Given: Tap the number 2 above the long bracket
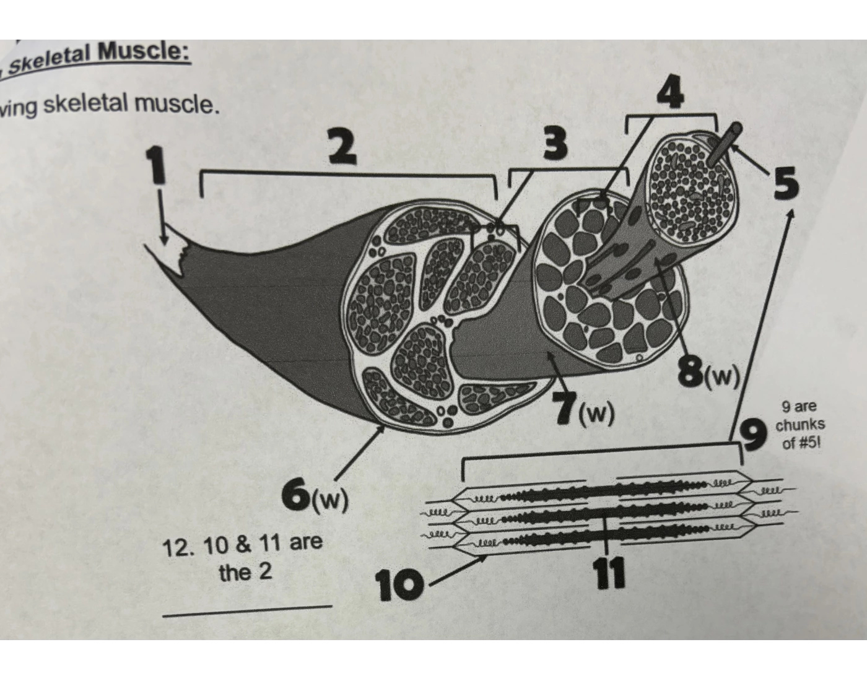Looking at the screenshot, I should [x=342, y=148].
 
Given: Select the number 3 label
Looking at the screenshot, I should [x=555, y=145].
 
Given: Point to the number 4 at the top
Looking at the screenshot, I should [x=670, y=93].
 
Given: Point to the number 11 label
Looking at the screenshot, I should [x=609, y=574].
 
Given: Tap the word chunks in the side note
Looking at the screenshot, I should [x=800, y=425].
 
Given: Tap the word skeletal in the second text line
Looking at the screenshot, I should [x=85, y=105].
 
